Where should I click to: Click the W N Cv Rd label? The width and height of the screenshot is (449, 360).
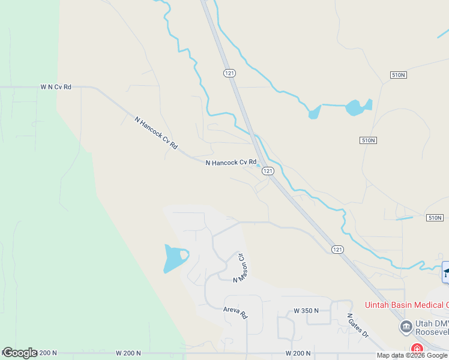pyautogui.click(x=56, y=87)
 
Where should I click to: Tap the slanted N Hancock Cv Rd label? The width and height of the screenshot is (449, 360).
pyautogui.click(x=157, y=133)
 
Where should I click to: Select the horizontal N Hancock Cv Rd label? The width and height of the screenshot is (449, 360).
pyautogui.click(x=231, y=163)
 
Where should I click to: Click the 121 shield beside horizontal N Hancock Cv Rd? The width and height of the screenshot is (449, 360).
pyautogui.click(x=268, y=171)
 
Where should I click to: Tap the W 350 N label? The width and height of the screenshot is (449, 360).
pyautogui.click(x=306, y=311)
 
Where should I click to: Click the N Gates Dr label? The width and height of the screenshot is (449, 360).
pyautogui.click(x=358, y=325)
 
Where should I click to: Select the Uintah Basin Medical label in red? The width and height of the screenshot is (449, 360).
pyautogui.click(x=405, y=305)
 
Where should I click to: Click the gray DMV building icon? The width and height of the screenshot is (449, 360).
pyautogui.click(x=406, y=327)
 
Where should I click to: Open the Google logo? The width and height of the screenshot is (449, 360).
pyautogui.click(x=20, y=353)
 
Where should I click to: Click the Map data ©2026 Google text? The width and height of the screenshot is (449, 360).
pyautogui.click(x=412, y=355)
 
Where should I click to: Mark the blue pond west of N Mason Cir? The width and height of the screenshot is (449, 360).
pyautogui.click(x=175, y=259)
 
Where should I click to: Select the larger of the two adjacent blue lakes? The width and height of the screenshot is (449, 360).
pyautogui.click(x=356, y=107)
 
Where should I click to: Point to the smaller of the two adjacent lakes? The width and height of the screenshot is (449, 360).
pyautogui.click(x=314, y=112)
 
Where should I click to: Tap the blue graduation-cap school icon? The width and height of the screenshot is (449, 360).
pyautogui.click(x=445, y=272)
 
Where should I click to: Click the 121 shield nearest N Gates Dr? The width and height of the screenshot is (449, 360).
pyautogui.click(x=338, y=249)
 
